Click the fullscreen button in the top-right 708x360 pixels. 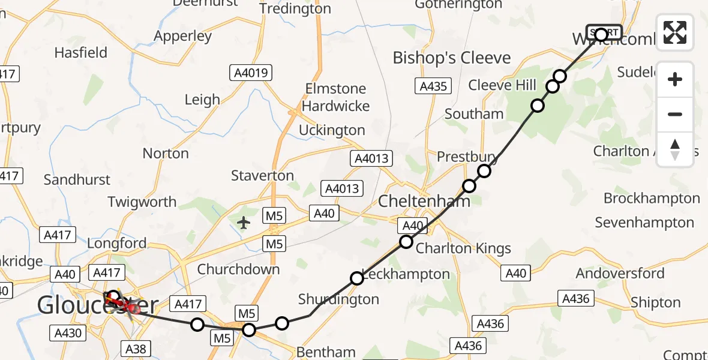675,32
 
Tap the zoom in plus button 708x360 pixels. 675,79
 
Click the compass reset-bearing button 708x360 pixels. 675,149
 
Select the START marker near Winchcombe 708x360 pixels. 604,33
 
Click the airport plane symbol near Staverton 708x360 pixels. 244,223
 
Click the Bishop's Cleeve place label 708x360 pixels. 451,58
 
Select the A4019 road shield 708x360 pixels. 251,74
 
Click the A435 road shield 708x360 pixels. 433,86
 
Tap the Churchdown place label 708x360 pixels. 238,269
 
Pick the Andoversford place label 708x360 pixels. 620,274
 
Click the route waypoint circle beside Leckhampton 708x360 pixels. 357,278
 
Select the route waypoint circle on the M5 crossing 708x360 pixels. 248,329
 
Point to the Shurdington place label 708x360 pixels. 338,299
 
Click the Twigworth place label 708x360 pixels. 142,202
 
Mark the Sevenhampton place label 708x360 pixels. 644,223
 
